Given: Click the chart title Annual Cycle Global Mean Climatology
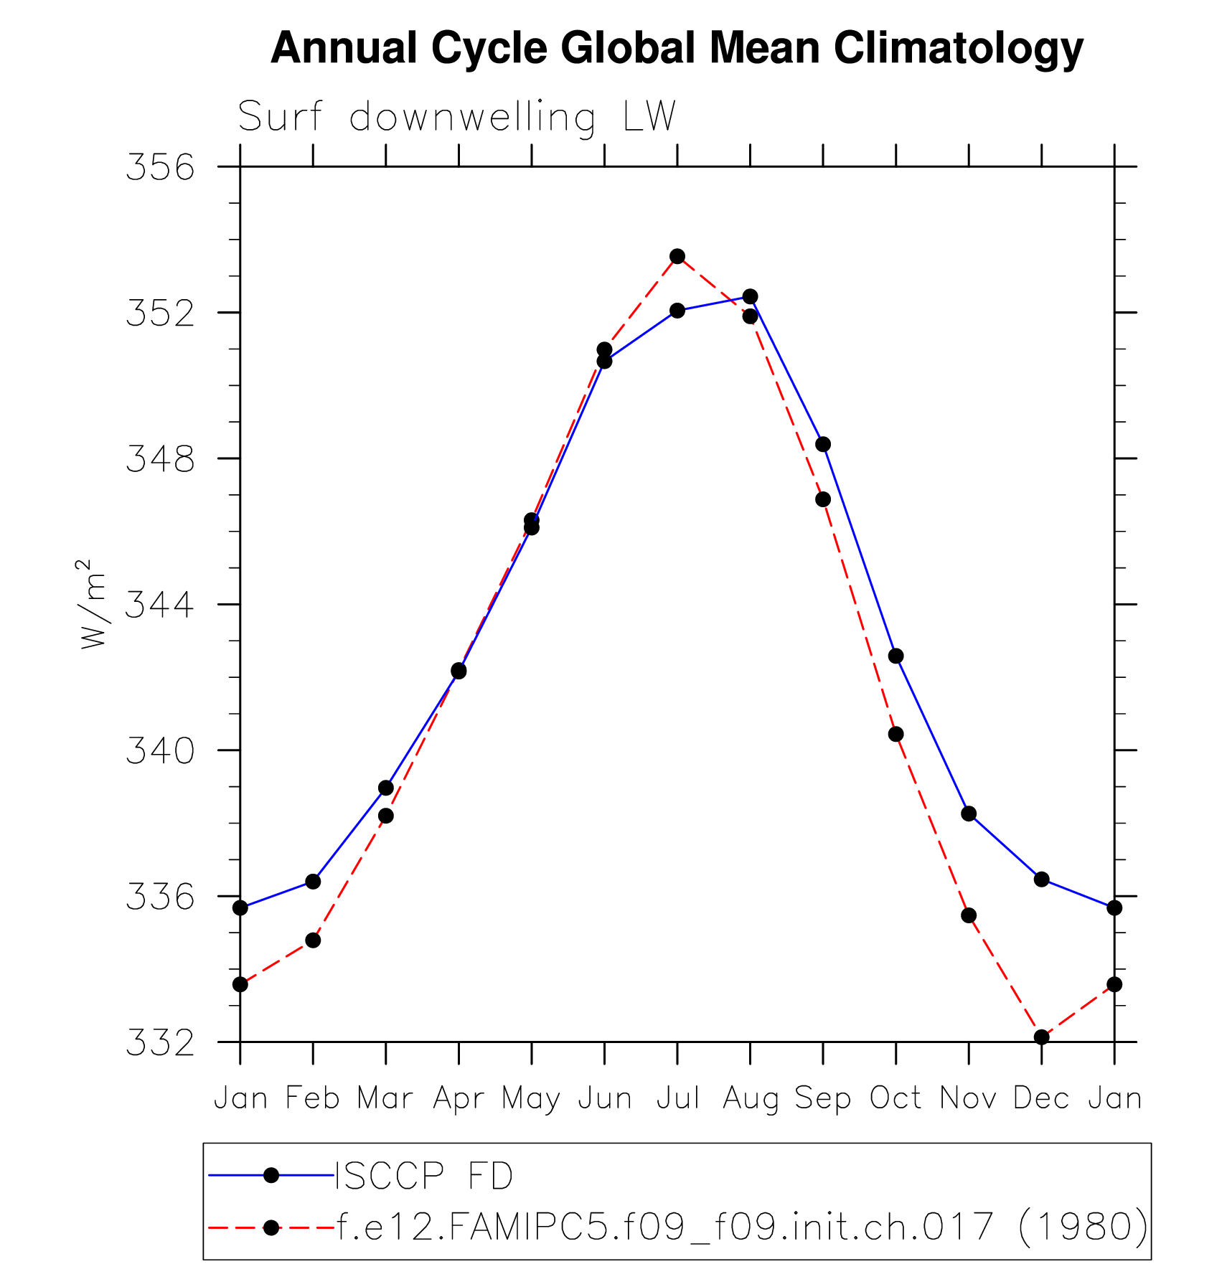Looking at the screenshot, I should [677, 48].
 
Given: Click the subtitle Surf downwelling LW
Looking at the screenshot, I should [456, 117].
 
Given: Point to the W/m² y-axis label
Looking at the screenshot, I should [93, 604].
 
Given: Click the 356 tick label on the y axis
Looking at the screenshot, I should [160, 167].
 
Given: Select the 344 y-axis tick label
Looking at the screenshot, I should [160, 605].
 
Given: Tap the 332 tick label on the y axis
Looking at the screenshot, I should [160, 1042].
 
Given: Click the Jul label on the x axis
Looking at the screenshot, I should [677, 1098].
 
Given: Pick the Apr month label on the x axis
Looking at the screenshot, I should [459, 1098].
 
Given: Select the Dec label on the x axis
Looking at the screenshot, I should [1041, 1098].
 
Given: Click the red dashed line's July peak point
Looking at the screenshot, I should [677, 256].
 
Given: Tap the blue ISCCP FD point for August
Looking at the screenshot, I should [750, 296].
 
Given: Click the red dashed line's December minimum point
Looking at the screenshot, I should [1042, 1037].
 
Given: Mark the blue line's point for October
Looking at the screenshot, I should [895, 656].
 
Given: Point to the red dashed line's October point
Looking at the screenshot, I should [895, 734].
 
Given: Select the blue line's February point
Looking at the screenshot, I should [313, 881].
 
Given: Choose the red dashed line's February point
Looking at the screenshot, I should [313, 940].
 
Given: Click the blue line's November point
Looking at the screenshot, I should [969, 813].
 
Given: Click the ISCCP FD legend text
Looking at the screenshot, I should [424, 1176].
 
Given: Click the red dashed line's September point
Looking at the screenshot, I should [823, 499].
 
